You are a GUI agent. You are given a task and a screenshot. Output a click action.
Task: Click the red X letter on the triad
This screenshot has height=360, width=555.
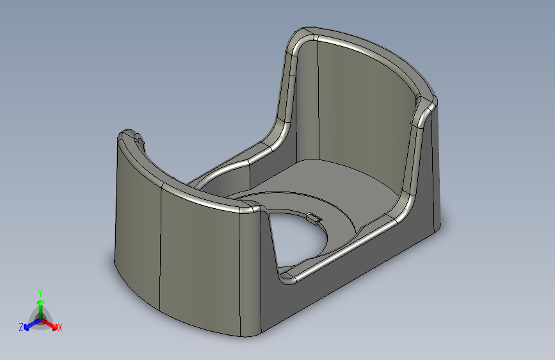pyautogui.click(x=60, y=327)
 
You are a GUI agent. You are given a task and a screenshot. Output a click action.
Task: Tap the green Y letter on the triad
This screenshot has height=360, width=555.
pyautogui.click(x=40, y=291)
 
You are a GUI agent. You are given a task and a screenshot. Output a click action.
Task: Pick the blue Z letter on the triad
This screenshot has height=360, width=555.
pyautogui.click(x=21, y=327)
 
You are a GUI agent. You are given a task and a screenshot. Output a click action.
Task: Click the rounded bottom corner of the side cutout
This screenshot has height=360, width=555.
pyautogui.click(x=287, y=277)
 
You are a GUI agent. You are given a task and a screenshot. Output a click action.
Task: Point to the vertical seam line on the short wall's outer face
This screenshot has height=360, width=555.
pyautogui.click(x=159, y=250)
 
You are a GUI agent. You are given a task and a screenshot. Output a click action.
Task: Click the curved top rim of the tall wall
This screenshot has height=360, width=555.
pyautogui.click(x=371, y=51)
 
